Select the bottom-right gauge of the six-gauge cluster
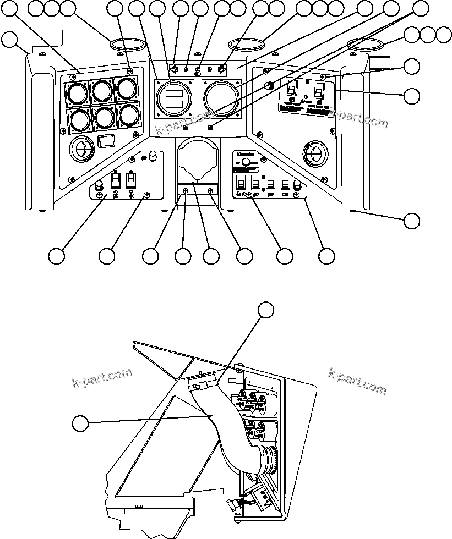[129, 115]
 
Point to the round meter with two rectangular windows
[173, 98]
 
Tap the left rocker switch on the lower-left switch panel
[116, 180]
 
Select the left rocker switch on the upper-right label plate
[293, 87]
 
